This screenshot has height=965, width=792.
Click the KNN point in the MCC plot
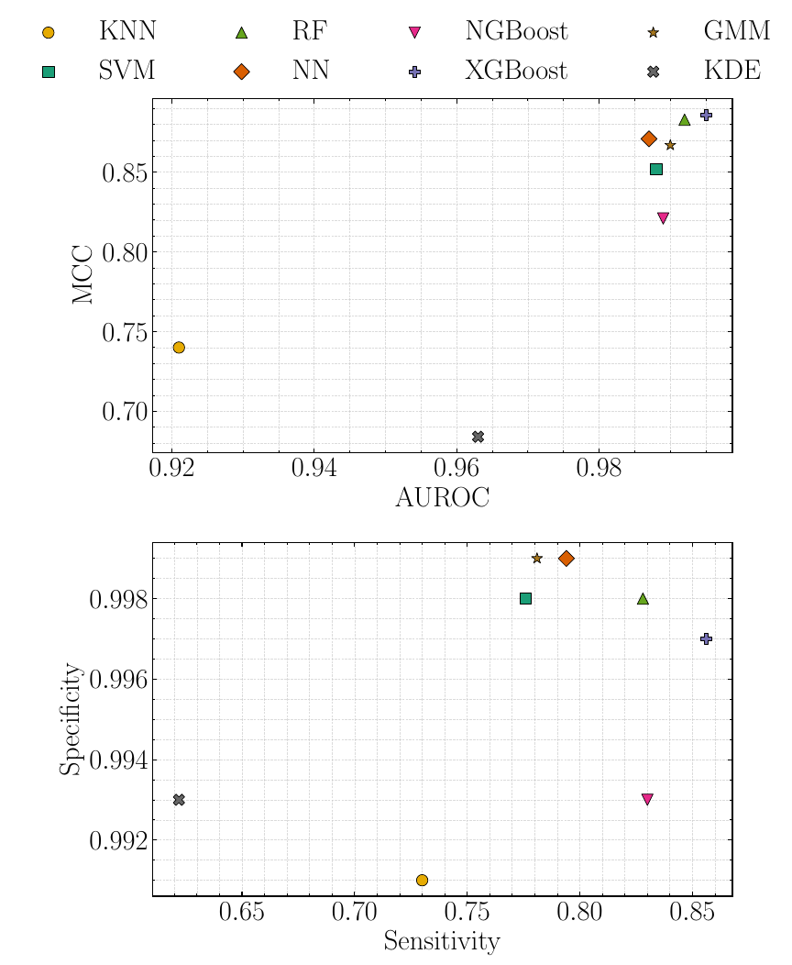coord(179,348)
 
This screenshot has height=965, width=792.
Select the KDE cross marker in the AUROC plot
coord(478,437)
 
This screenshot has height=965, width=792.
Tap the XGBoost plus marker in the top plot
coord(706,115)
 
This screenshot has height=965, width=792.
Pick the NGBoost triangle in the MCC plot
coord(664,218)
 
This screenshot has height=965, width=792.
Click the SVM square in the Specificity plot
coord(525,599)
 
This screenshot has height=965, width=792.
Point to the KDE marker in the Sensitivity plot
coord(179,800)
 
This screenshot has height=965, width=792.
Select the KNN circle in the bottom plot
coord(422,881)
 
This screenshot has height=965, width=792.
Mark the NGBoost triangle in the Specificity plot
coord(647,800)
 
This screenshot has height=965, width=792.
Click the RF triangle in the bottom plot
coord(643,599)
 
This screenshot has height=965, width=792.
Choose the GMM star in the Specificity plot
coord(537,559)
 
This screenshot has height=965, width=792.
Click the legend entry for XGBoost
coord(516,71)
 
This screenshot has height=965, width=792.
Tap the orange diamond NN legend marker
coord(242,72)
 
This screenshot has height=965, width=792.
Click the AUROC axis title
coord(442,498)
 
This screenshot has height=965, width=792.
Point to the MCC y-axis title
coord(83,274)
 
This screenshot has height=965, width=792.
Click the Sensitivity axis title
coord(442,942)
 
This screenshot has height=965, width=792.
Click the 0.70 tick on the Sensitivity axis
coord(354,913)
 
